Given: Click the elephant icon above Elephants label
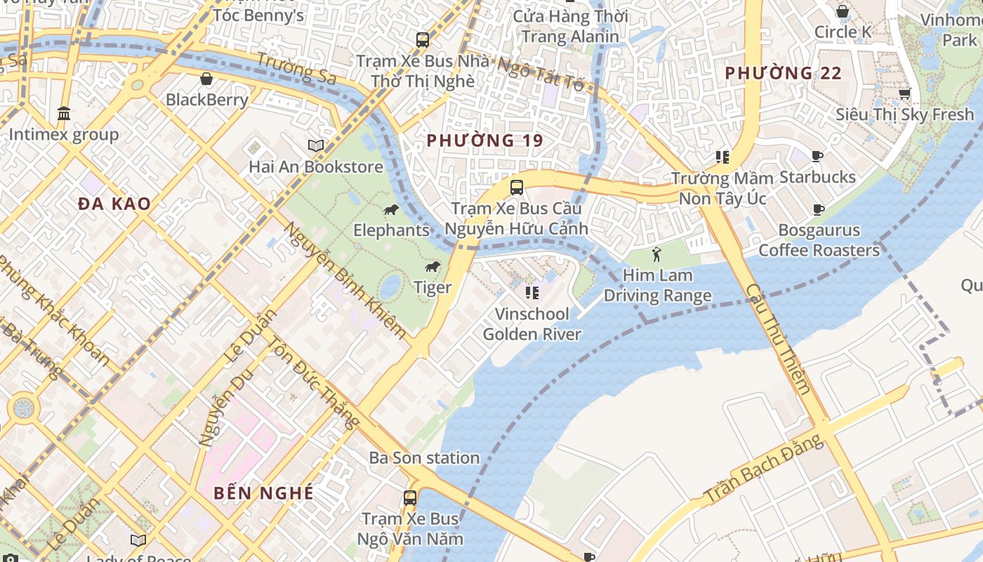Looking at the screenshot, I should pos(391,210).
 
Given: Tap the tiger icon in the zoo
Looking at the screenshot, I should pos(433,267).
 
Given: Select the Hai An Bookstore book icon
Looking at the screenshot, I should pos(316,145).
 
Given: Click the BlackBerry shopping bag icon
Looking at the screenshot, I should pos(206,79).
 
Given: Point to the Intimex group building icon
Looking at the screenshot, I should pos(64,113).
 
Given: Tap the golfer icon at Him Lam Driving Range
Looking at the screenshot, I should pos(657,254).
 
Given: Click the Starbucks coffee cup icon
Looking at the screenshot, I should pos(817,156).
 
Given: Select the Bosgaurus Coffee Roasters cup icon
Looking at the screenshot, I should pos(819,209).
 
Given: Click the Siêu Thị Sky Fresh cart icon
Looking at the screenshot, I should pos(905,93).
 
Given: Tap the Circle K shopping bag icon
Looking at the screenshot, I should pos(843,11).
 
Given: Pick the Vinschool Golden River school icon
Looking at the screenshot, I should pos(532,292).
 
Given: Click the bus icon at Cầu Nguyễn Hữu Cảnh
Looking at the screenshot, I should pos(517,188).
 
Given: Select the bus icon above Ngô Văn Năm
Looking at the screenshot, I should pos(409,498).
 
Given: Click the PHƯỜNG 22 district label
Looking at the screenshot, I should pos(783,73).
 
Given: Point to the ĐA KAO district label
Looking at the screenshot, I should pos(114,204).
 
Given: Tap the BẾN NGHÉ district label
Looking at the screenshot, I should pos(263,492).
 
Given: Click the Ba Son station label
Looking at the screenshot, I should pos(424,458).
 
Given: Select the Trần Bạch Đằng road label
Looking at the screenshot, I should pos(763,469).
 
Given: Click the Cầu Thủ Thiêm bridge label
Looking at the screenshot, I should pos(778,339).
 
